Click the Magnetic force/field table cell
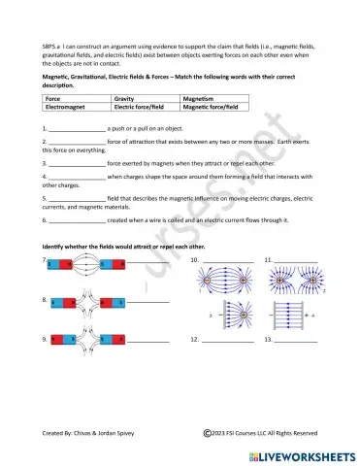point(213,108)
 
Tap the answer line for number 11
point(295,261)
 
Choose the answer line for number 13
point(295,341)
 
